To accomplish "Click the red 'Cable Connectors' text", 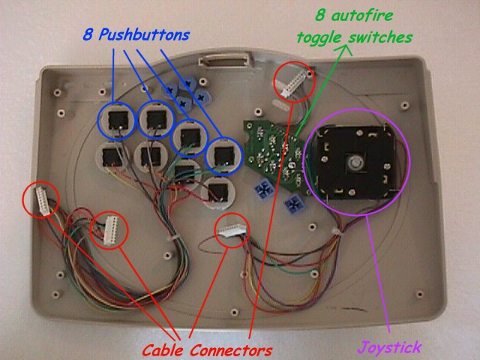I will click(x=205, y=349).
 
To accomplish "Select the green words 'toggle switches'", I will click(x=354, y=36).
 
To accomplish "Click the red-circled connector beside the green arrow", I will click(x=291, y=82).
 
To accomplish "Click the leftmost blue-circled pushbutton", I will click(x=117, y=120).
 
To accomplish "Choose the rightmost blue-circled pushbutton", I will click(x=223, y=155).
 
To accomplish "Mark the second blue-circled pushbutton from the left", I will click(x=157, y=118).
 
